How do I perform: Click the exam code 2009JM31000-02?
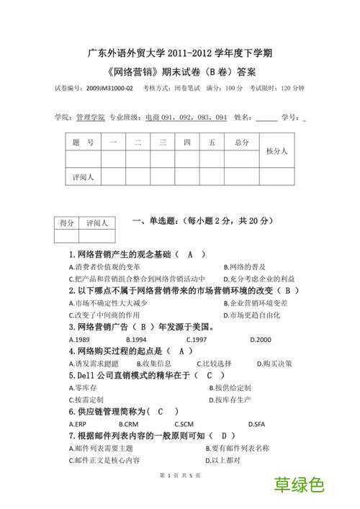tap(109, 88)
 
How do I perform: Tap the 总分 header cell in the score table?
tap(241, 143)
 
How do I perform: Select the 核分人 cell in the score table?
tap(276, 151)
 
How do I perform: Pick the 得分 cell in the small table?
tap(66, 223)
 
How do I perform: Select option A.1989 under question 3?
tap(79, 339)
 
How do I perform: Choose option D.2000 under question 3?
tap(261, 339)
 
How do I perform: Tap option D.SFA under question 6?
tap(256, 424)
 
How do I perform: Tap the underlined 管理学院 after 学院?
tap(90, 117)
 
